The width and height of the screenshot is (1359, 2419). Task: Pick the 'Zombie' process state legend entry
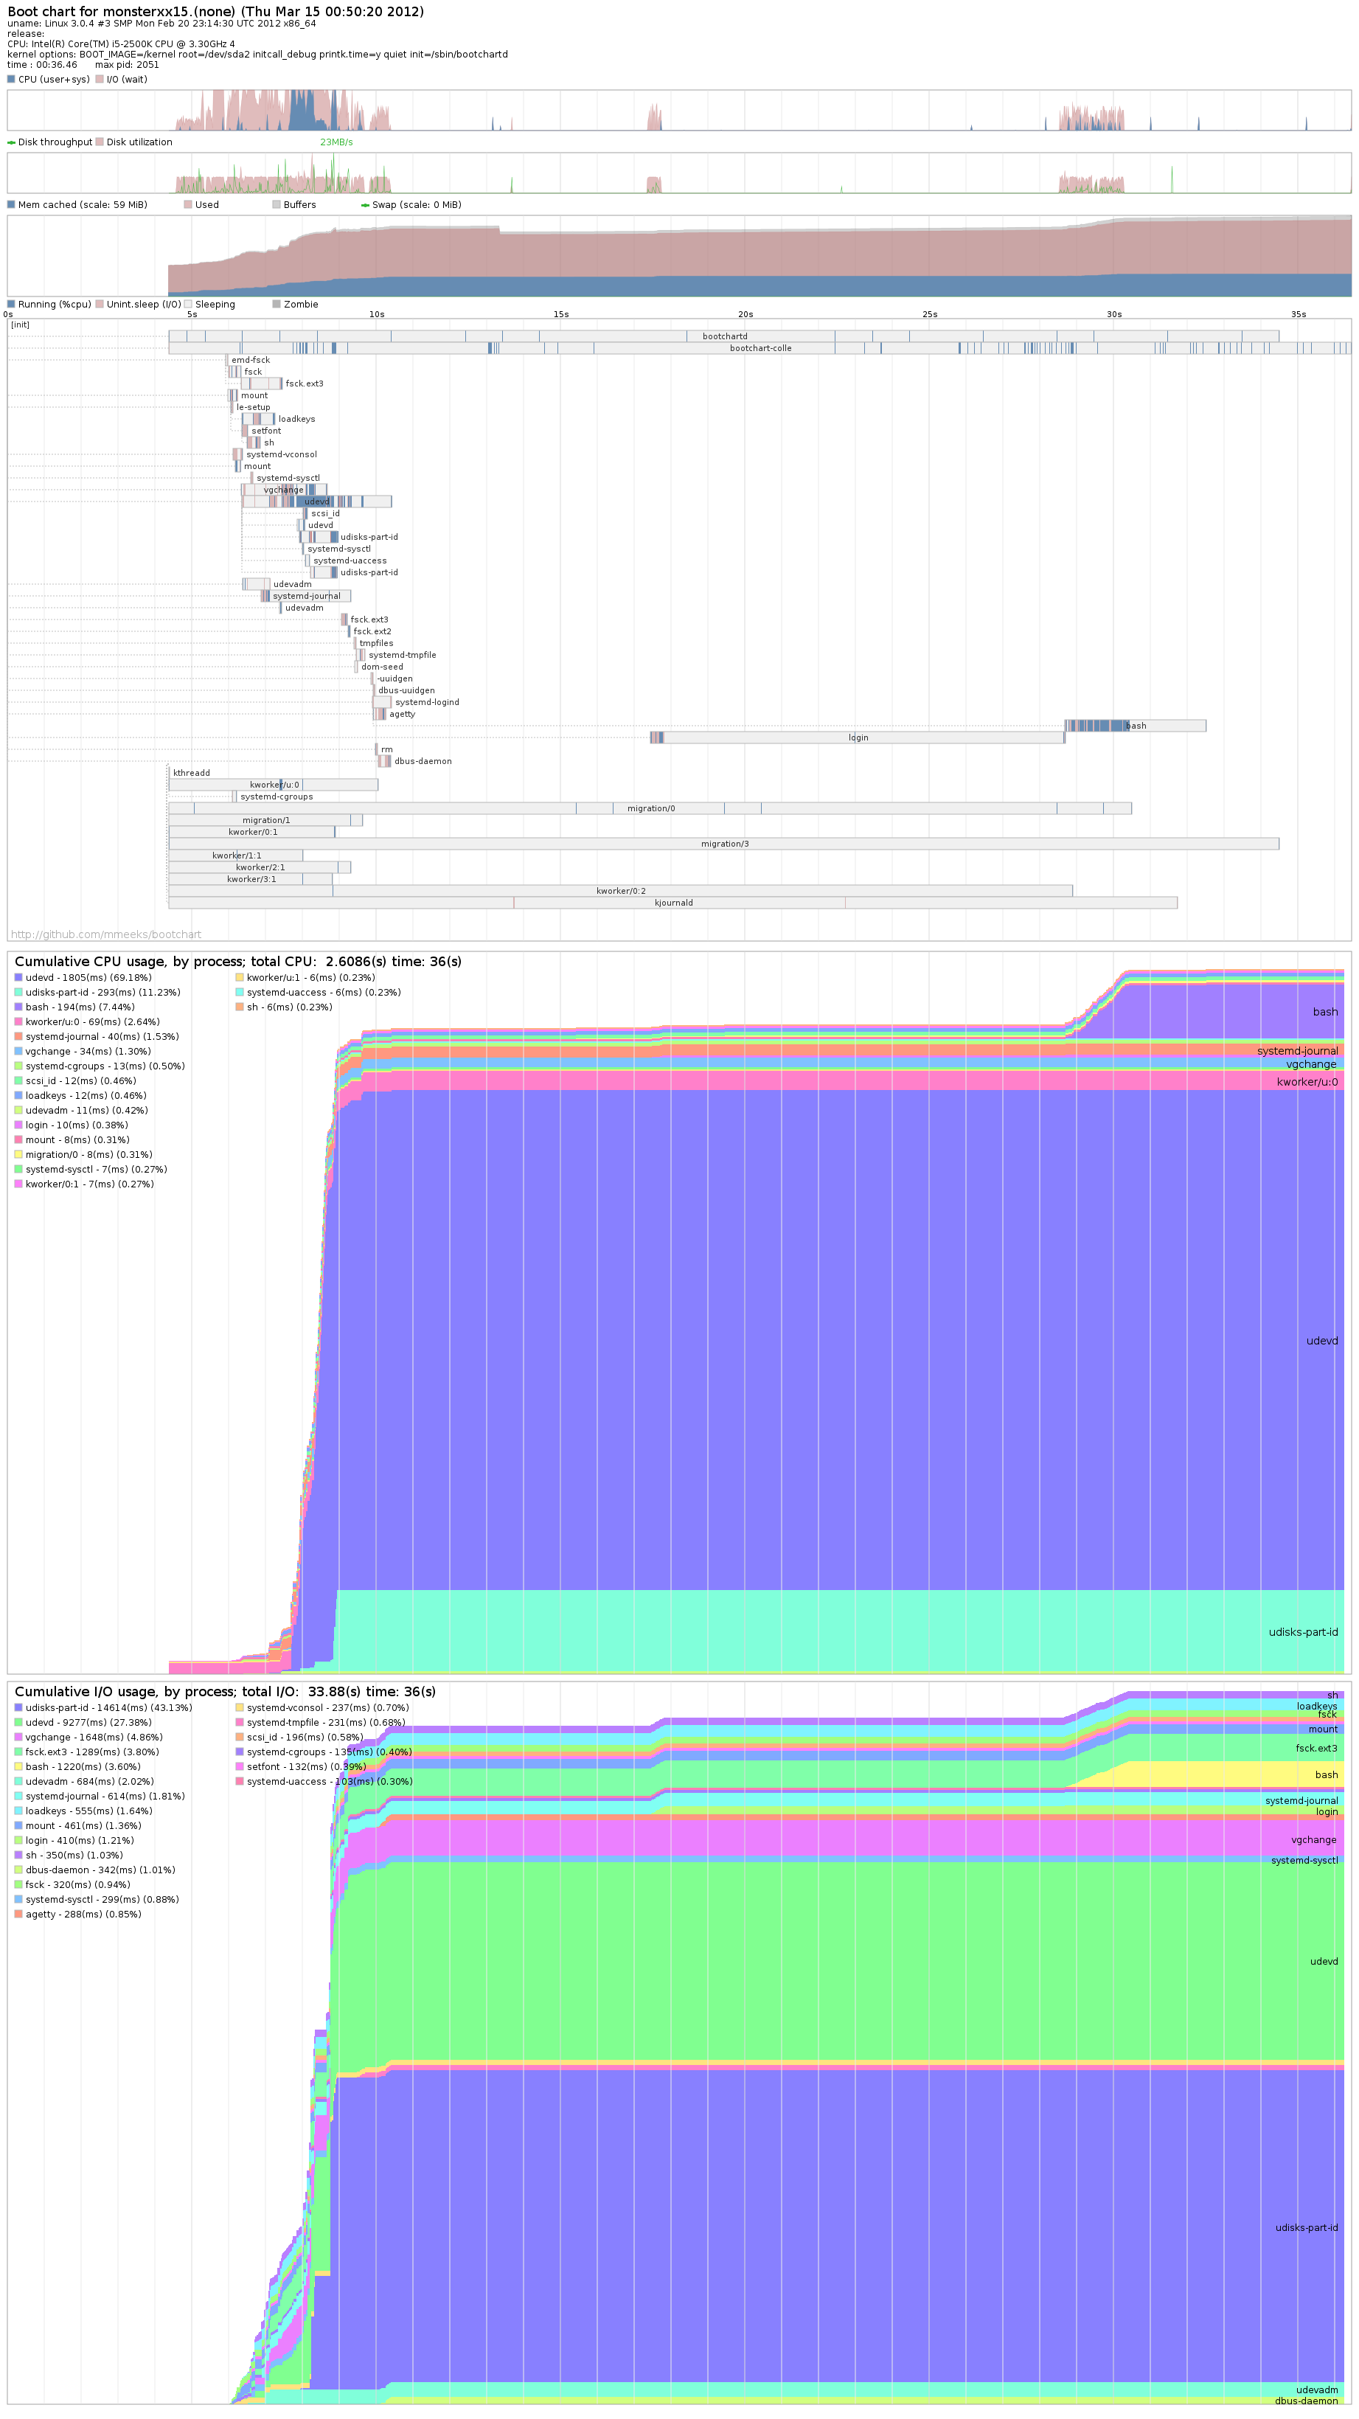299,305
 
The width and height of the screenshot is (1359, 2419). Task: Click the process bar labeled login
858,738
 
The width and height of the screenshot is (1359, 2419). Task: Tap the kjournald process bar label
673,903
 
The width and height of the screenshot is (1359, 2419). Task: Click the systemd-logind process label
426,702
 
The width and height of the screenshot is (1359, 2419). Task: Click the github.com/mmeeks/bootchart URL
105,934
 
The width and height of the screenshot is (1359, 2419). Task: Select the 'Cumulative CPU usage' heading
237,962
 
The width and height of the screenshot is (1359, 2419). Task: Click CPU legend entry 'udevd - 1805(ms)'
88,977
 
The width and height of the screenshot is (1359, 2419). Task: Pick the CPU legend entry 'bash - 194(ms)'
80,1007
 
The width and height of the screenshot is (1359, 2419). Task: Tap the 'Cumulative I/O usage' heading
224,1692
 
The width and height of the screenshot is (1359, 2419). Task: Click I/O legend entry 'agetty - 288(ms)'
83,1915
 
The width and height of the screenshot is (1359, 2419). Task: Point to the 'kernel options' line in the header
257,55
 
